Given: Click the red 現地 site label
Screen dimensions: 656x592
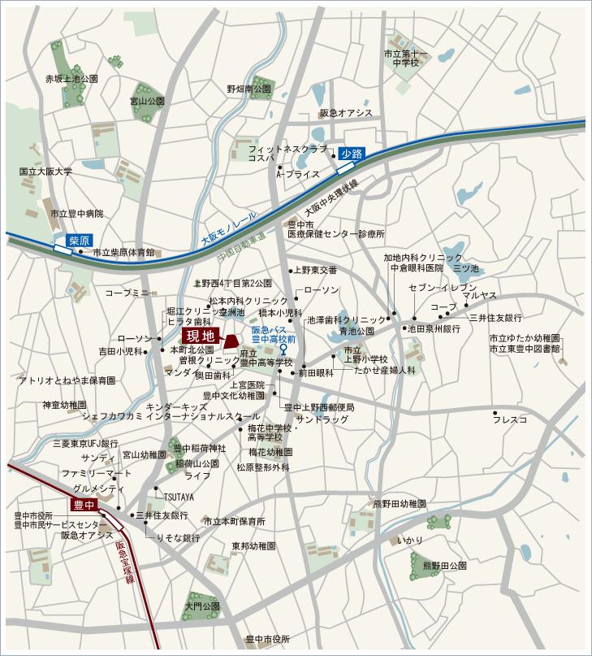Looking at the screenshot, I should click(200, 335).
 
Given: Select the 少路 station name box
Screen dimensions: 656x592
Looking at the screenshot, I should click(351, 152).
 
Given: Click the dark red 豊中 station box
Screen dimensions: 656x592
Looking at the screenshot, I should click(84, 505).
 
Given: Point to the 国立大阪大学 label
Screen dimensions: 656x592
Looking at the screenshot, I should click(45, 172).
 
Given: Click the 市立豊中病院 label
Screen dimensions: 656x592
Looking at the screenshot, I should click(77, 214).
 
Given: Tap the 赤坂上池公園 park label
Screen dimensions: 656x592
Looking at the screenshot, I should click(71, 79).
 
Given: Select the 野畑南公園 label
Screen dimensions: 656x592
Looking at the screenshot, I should click(249, 89).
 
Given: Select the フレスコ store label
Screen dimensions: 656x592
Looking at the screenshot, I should click(510, 419).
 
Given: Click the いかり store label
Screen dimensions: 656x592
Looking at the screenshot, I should click(411, 540).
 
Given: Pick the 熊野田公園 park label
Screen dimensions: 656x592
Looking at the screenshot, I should click(443, 565).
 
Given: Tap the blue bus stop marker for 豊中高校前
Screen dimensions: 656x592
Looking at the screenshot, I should click(283, 349).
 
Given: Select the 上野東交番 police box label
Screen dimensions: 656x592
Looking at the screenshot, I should click(315, 270).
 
